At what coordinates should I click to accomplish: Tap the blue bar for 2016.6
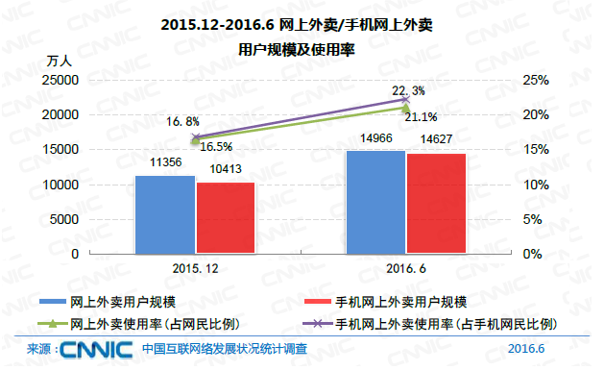[x=375, y=202]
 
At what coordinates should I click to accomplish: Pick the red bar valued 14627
[x=436, y=203]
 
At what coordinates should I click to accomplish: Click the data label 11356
[x=166, y=164]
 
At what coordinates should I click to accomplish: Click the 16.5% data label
[x=217, y=147]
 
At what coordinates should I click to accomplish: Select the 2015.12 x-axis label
[x=196, y=268]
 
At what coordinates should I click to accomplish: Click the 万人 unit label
[x=59, y=61]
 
